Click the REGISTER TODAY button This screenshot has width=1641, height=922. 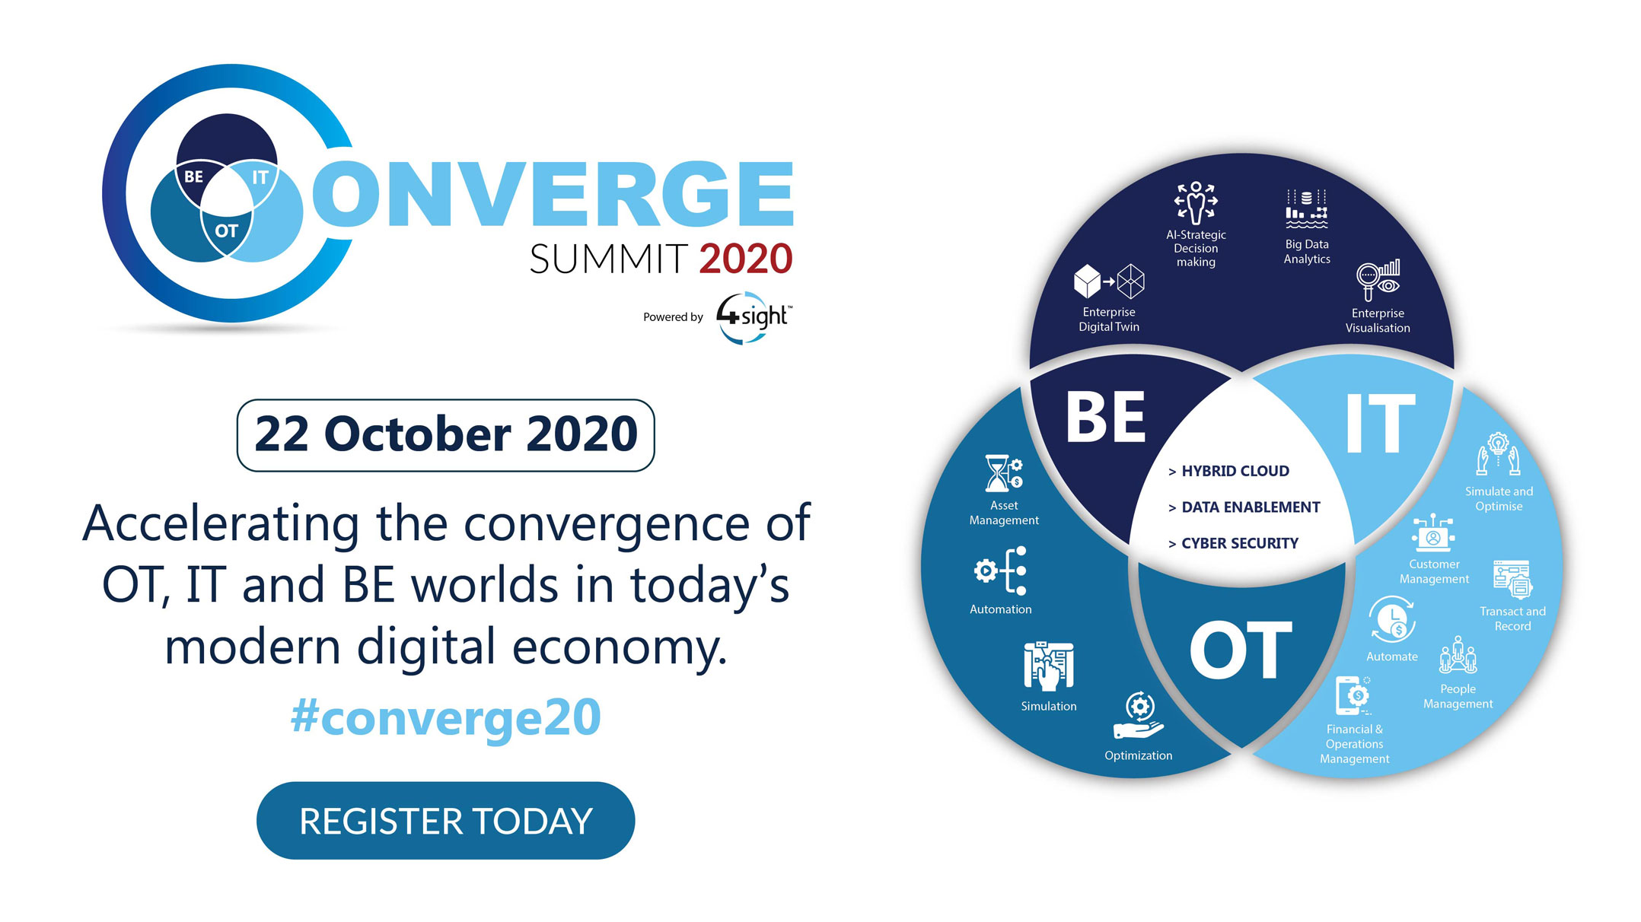click(x=445, y=821)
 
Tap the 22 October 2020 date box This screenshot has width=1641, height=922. click(x=445, y=435)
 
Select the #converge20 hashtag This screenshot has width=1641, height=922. click(x=445, y=717)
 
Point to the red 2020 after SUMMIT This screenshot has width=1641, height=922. click(x=746, y=259)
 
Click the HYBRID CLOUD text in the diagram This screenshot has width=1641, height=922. click(x=1235, y=471)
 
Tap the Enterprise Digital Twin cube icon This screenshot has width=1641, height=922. click(x=1109, y=281)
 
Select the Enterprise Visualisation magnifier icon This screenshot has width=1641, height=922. click(x=1378, y=280)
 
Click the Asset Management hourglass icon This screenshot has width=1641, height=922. click(x=1004, y=473)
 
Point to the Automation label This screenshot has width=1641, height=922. click(x=1001, y=609)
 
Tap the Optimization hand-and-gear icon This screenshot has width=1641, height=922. click(x=1139, y=716)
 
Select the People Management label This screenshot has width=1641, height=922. click(x=1458, y=696)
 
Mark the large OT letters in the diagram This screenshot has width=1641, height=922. click(x=1241, y=650)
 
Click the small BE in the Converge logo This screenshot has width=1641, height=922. click(x=194, y=176)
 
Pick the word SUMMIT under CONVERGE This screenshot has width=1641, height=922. click(x=609, y=259)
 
